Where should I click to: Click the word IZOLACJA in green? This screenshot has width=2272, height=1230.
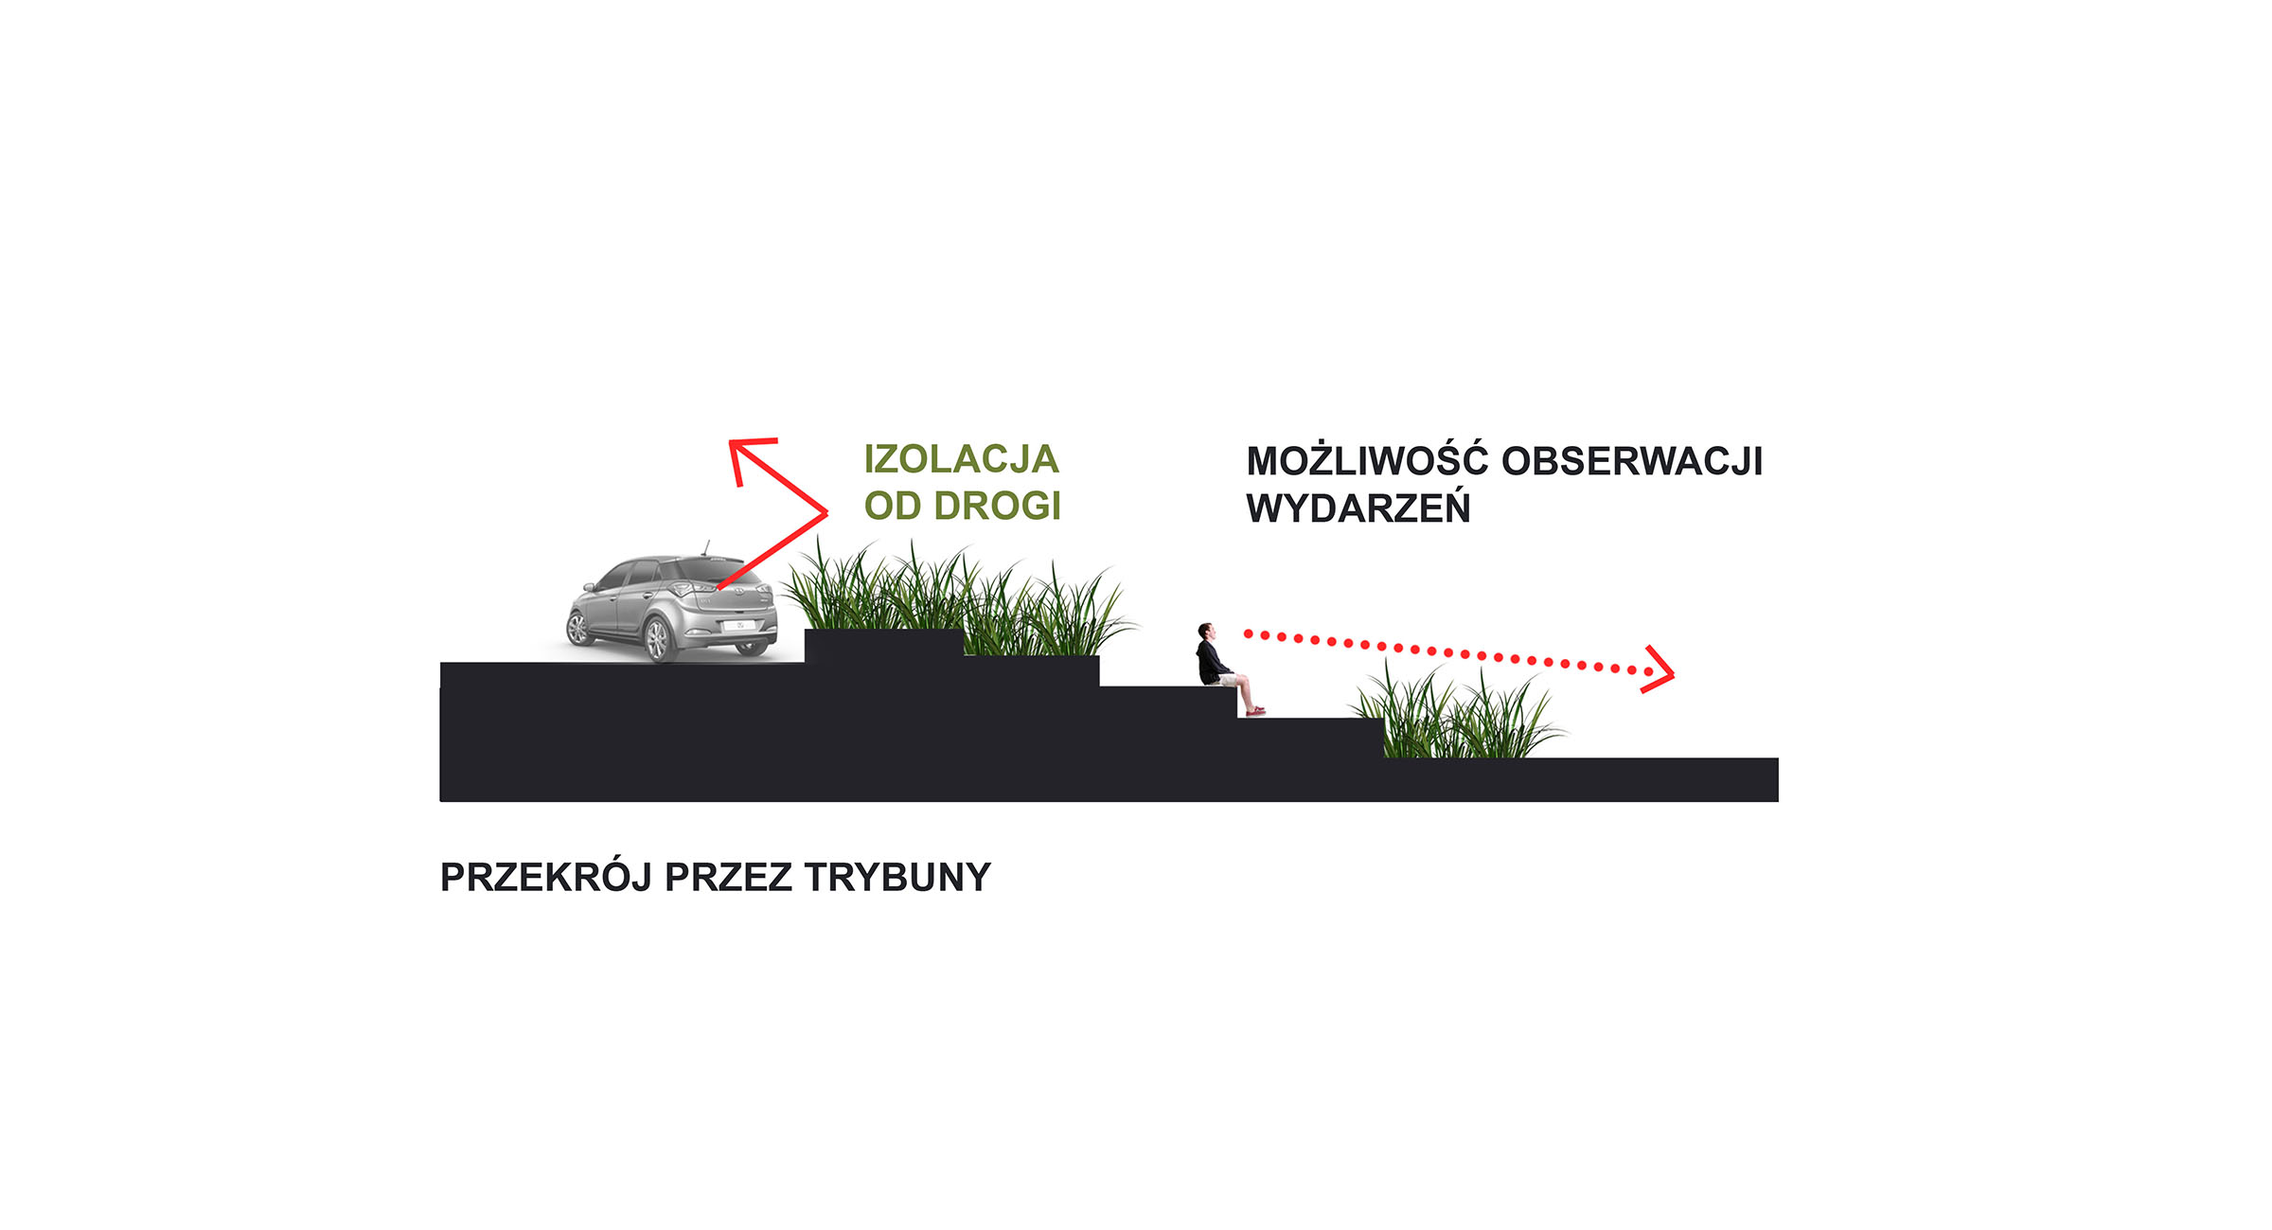click(961, 459)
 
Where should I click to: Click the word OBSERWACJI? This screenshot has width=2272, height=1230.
click(1632, 461)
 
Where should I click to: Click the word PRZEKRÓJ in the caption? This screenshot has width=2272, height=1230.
click(546, 877)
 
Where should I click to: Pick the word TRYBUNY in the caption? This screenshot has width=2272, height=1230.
click(897, 878)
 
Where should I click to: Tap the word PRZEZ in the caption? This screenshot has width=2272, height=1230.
click(728, 878)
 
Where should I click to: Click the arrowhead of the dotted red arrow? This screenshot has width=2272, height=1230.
click(1659, 669)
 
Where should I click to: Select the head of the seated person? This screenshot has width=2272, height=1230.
click(1205, 631)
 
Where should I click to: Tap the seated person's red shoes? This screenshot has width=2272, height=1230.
click(1255, 710)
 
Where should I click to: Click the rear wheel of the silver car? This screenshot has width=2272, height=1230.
click(656, 639)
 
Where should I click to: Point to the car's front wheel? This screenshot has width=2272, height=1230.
click(577, 627)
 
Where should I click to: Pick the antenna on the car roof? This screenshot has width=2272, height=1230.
click(705, 547)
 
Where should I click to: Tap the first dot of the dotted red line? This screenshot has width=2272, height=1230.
click(1249, 633)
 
